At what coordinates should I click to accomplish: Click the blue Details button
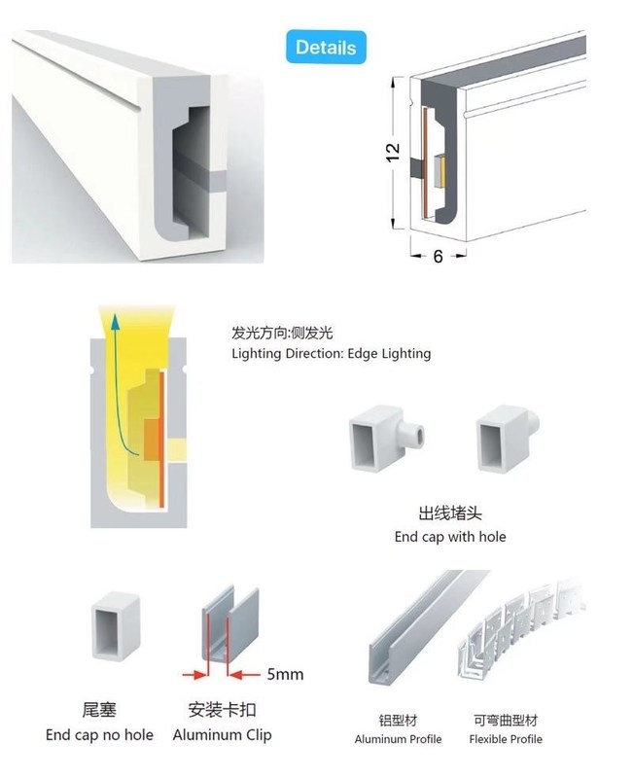pyautogui.click(x=326, y=48)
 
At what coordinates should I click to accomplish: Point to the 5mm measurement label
pyautogui.click(x=284, y=674)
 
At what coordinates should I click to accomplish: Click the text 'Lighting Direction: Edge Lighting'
pyautogui.click(x=331, y=354)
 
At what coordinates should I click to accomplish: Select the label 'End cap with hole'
pyautogui.click(x=449, y=536)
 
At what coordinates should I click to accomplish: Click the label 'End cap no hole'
pyautogui.click(x=99, y=734)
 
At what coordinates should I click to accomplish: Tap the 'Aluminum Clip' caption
pyautogui.click(x=223, y=734)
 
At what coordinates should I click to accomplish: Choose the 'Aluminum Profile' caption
pyautogui.click(x=398, y=739)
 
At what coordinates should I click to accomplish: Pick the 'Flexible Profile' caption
pyautogui.click(x=506, y=739)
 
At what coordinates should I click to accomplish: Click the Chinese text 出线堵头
pyautogui.click(x=449, y=513)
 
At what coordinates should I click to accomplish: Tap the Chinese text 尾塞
pyautogui.click(x=99, y=710)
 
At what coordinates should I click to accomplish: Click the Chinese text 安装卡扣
pyautogui.click(x=223, y=710)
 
